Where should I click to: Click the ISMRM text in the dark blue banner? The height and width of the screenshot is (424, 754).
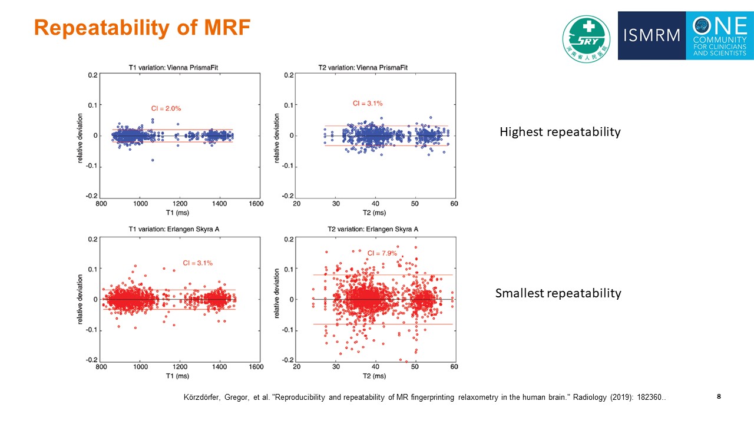click(652, 36)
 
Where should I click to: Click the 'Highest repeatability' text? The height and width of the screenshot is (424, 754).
click(560, 132)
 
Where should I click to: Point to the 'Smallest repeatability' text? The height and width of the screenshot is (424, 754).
click(558, 293)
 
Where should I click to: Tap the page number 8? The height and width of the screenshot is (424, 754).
click(719, 396)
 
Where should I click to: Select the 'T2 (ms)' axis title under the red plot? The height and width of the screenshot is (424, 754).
click(375, 376)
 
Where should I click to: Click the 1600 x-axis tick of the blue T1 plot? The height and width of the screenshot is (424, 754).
click(256, 204)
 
